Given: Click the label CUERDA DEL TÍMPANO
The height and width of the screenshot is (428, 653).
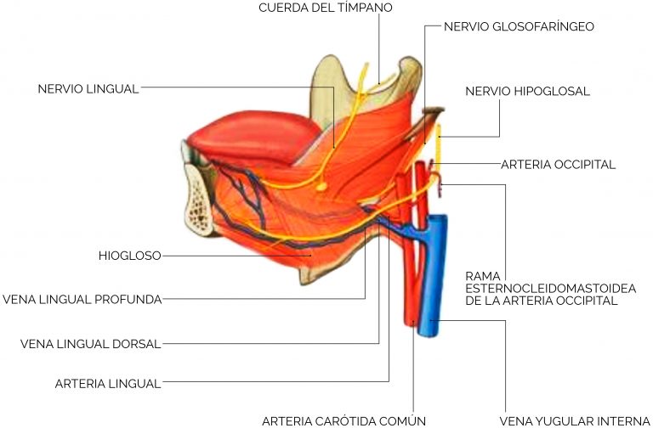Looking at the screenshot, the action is pos(326,8).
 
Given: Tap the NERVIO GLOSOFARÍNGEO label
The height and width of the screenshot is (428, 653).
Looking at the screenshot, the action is pos(519,26).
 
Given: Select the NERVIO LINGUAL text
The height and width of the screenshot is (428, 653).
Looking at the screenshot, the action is pos(88,89).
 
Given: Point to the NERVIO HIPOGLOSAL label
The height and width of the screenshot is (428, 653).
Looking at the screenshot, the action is pos(527,92).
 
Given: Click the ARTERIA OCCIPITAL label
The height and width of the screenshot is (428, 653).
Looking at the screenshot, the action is pos(558,165).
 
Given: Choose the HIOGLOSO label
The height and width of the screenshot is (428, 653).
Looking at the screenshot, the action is pos(129,256).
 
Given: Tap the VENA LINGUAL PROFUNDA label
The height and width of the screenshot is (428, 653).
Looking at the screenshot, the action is pos(82,300).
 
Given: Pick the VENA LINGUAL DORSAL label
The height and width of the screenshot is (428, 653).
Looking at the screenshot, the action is pos(90,344).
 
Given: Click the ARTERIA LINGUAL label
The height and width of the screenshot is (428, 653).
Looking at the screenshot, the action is pos(108,384).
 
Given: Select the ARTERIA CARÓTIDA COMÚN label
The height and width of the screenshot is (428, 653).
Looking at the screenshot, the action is pos(344,421).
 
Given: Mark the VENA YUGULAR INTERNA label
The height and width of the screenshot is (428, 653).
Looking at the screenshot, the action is pos(575,421).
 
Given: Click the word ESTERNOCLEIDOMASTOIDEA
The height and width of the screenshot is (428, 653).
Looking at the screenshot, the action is pos(551,288).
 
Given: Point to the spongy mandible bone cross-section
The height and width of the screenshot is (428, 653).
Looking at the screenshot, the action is pos(199,200).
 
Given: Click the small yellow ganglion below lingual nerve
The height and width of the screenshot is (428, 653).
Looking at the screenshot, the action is pos(321,187).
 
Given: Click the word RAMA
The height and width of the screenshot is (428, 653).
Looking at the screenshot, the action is pos(483,276).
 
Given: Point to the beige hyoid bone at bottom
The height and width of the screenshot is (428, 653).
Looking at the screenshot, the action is pos(316,273).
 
